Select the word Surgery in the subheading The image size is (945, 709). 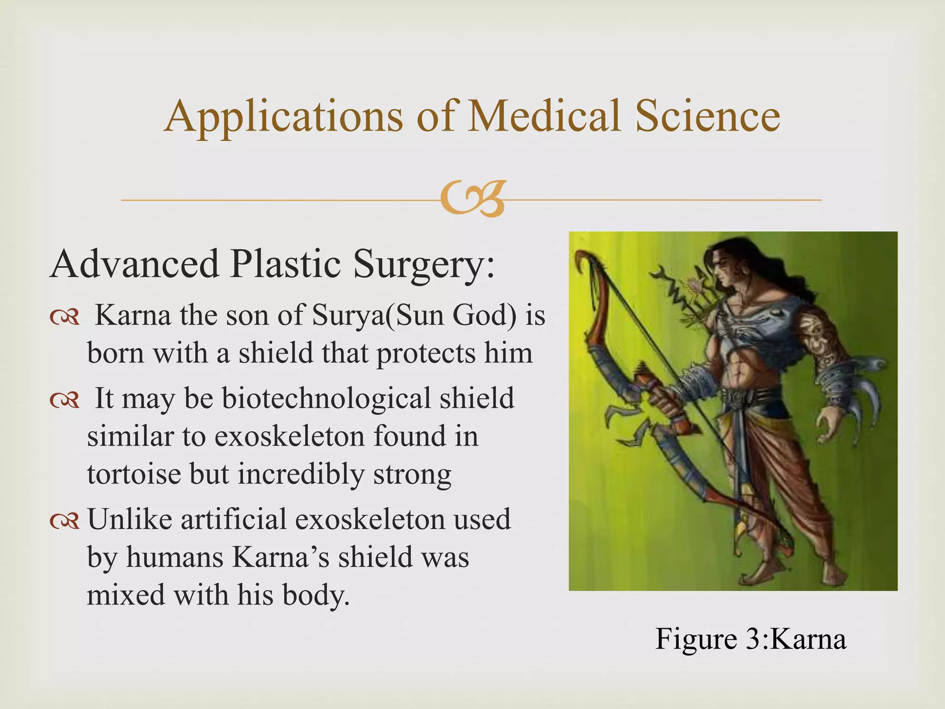(424, 264)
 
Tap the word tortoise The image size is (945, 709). (134, 474)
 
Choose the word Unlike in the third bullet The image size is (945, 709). (129, 519)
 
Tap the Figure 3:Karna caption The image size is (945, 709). (750, 639)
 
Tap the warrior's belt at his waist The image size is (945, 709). (743, 395)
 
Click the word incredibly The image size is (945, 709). (301, 474)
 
